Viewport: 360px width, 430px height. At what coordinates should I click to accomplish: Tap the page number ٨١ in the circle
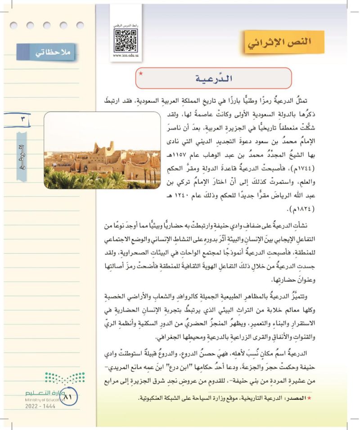(68, 397)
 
